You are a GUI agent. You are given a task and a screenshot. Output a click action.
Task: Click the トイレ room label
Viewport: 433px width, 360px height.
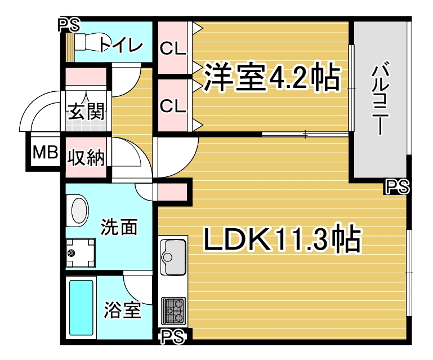121,45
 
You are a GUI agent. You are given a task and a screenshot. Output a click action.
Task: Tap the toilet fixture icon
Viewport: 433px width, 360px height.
88,42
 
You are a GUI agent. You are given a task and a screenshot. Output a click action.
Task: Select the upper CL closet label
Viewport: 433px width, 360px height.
173,49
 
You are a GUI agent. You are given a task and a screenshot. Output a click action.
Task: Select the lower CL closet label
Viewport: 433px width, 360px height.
173,106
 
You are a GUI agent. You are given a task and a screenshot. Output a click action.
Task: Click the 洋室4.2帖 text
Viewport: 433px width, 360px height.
272,77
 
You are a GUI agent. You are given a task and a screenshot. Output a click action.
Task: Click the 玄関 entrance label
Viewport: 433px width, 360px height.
87,112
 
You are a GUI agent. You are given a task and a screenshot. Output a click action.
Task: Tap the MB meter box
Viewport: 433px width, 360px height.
45,152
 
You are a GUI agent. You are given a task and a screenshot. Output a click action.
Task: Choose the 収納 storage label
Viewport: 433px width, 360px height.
87,158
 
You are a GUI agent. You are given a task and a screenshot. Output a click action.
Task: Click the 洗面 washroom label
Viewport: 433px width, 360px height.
119,227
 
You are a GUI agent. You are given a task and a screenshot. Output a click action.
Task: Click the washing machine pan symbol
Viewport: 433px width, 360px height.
81,253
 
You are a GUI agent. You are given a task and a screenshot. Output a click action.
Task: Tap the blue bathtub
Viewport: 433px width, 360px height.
81,308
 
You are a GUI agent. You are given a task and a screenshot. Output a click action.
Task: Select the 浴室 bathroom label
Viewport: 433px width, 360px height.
123,310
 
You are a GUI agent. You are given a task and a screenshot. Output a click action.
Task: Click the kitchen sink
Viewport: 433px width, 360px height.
173,257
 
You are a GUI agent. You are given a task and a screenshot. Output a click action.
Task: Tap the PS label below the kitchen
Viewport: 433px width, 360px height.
172,336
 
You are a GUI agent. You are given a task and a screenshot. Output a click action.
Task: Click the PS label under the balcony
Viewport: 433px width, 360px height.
397,186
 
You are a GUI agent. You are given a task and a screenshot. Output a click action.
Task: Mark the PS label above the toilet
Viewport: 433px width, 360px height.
69,25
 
